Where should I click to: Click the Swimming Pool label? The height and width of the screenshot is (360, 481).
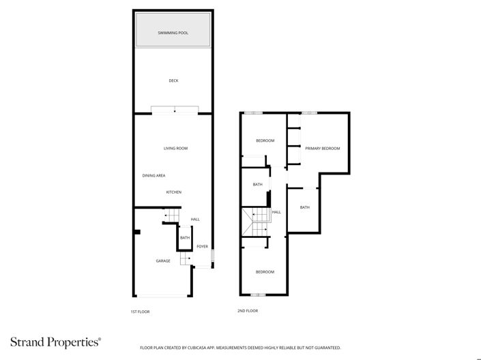(x=173, y=32)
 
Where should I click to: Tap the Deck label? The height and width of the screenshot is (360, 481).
(x=173, y=80)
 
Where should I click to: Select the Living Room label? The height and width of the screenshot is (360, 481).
(x=175, y=148)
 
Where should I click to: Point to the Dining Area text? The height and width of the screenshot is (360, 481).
(x=154, y=175)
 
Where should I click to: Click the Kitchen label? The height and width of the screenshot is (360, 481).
(x=174, y=192)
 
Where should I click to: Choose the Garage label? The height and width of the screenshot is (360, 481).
(x=162, y=260)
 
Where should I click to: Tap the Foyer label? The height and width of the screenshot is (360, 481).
(x=202, y=246)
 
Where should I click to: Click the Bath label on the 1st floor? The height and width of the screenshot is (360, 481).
(x=185, y=238)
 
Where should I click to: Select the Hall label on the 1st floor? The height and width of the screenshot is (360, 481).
(x=195, y=219)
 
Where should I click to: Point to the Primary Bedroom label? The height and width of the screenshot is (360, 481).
(x=322, y=148)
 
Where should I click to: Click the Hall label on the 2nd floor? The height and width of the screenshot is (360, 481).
(x=276, y=212)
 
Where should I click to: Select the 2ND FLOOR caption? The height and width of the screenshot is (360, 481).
(x=248, y=311)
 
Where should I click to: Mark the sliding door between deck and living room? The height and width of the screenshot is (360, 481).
(x=175, y=110)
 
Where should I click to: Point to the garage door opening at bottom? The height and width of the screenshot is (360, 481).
(x=162, y=296)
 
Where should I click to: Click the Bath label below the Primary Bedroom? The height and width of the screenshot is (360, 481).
(x=304, y=207)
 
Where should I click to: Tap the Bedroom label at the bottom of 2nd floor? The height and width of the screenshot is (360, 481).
(x=265, y=271)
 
